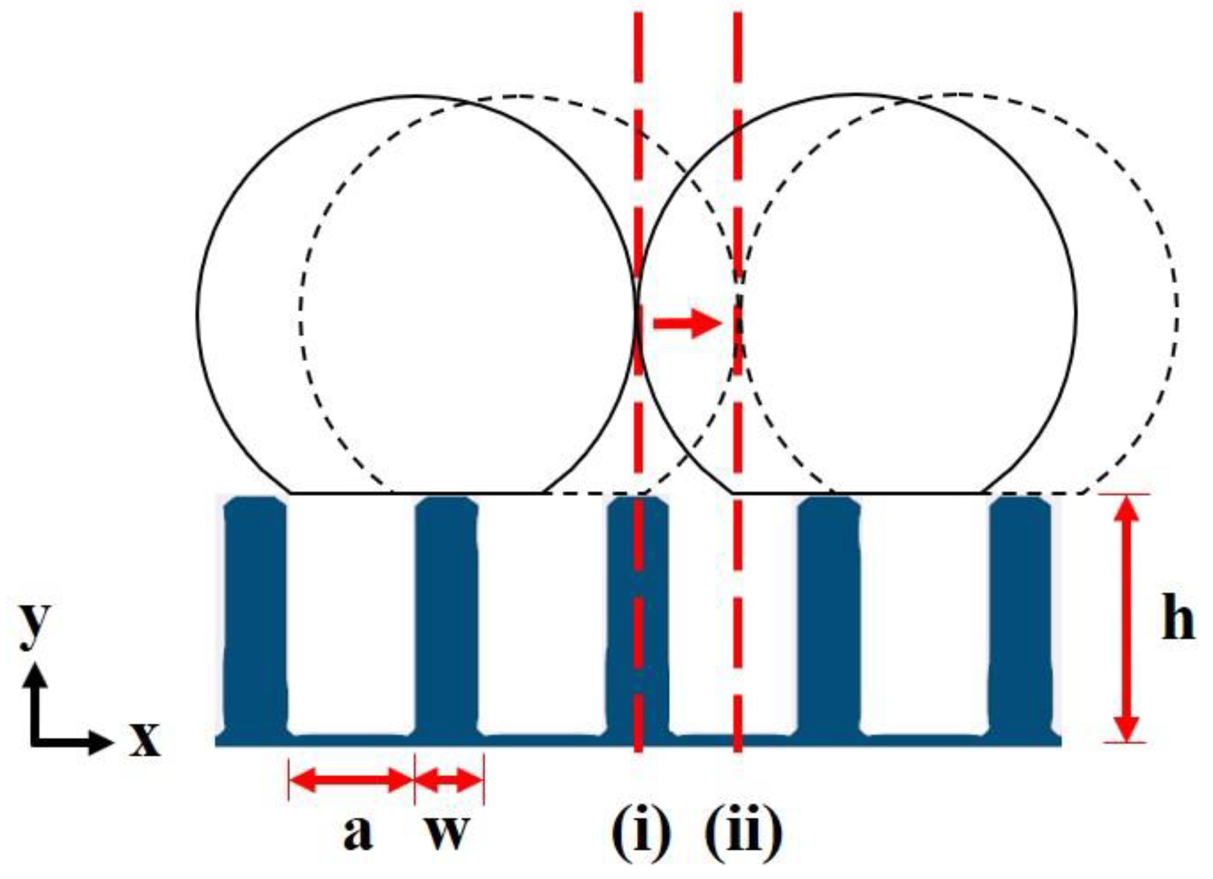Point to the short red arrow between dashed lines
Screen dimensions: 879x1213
pyautogui.click(x=688, y=324)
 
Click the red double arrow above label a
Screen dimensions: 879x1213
pyautogui.click(x=351, y=780)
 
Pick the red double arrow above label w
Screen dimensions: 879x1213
pyautogui.click(x=449, y=780)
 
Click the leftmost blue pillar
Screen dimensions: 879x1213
pyautogui.click(x=255, y=615)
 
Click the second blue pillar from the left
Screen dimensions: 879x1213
pyautogui.click(x=447, y=615)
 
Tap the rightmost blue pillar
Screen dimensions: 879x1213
pyautogui.click(x=1020, y=615)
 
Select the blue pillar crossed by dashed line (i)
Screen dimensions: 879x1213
pyautogui.click(x=653, y=615)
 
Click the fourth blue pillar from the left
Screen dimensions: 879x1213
pyautogui.click(x=828, y=615)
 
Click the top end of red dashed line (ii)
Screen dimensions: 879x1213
pyautogui.click(x=738, y=16)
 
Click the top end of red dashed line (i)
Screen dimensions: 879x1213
pyautogui.click(x=638, y=16)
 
